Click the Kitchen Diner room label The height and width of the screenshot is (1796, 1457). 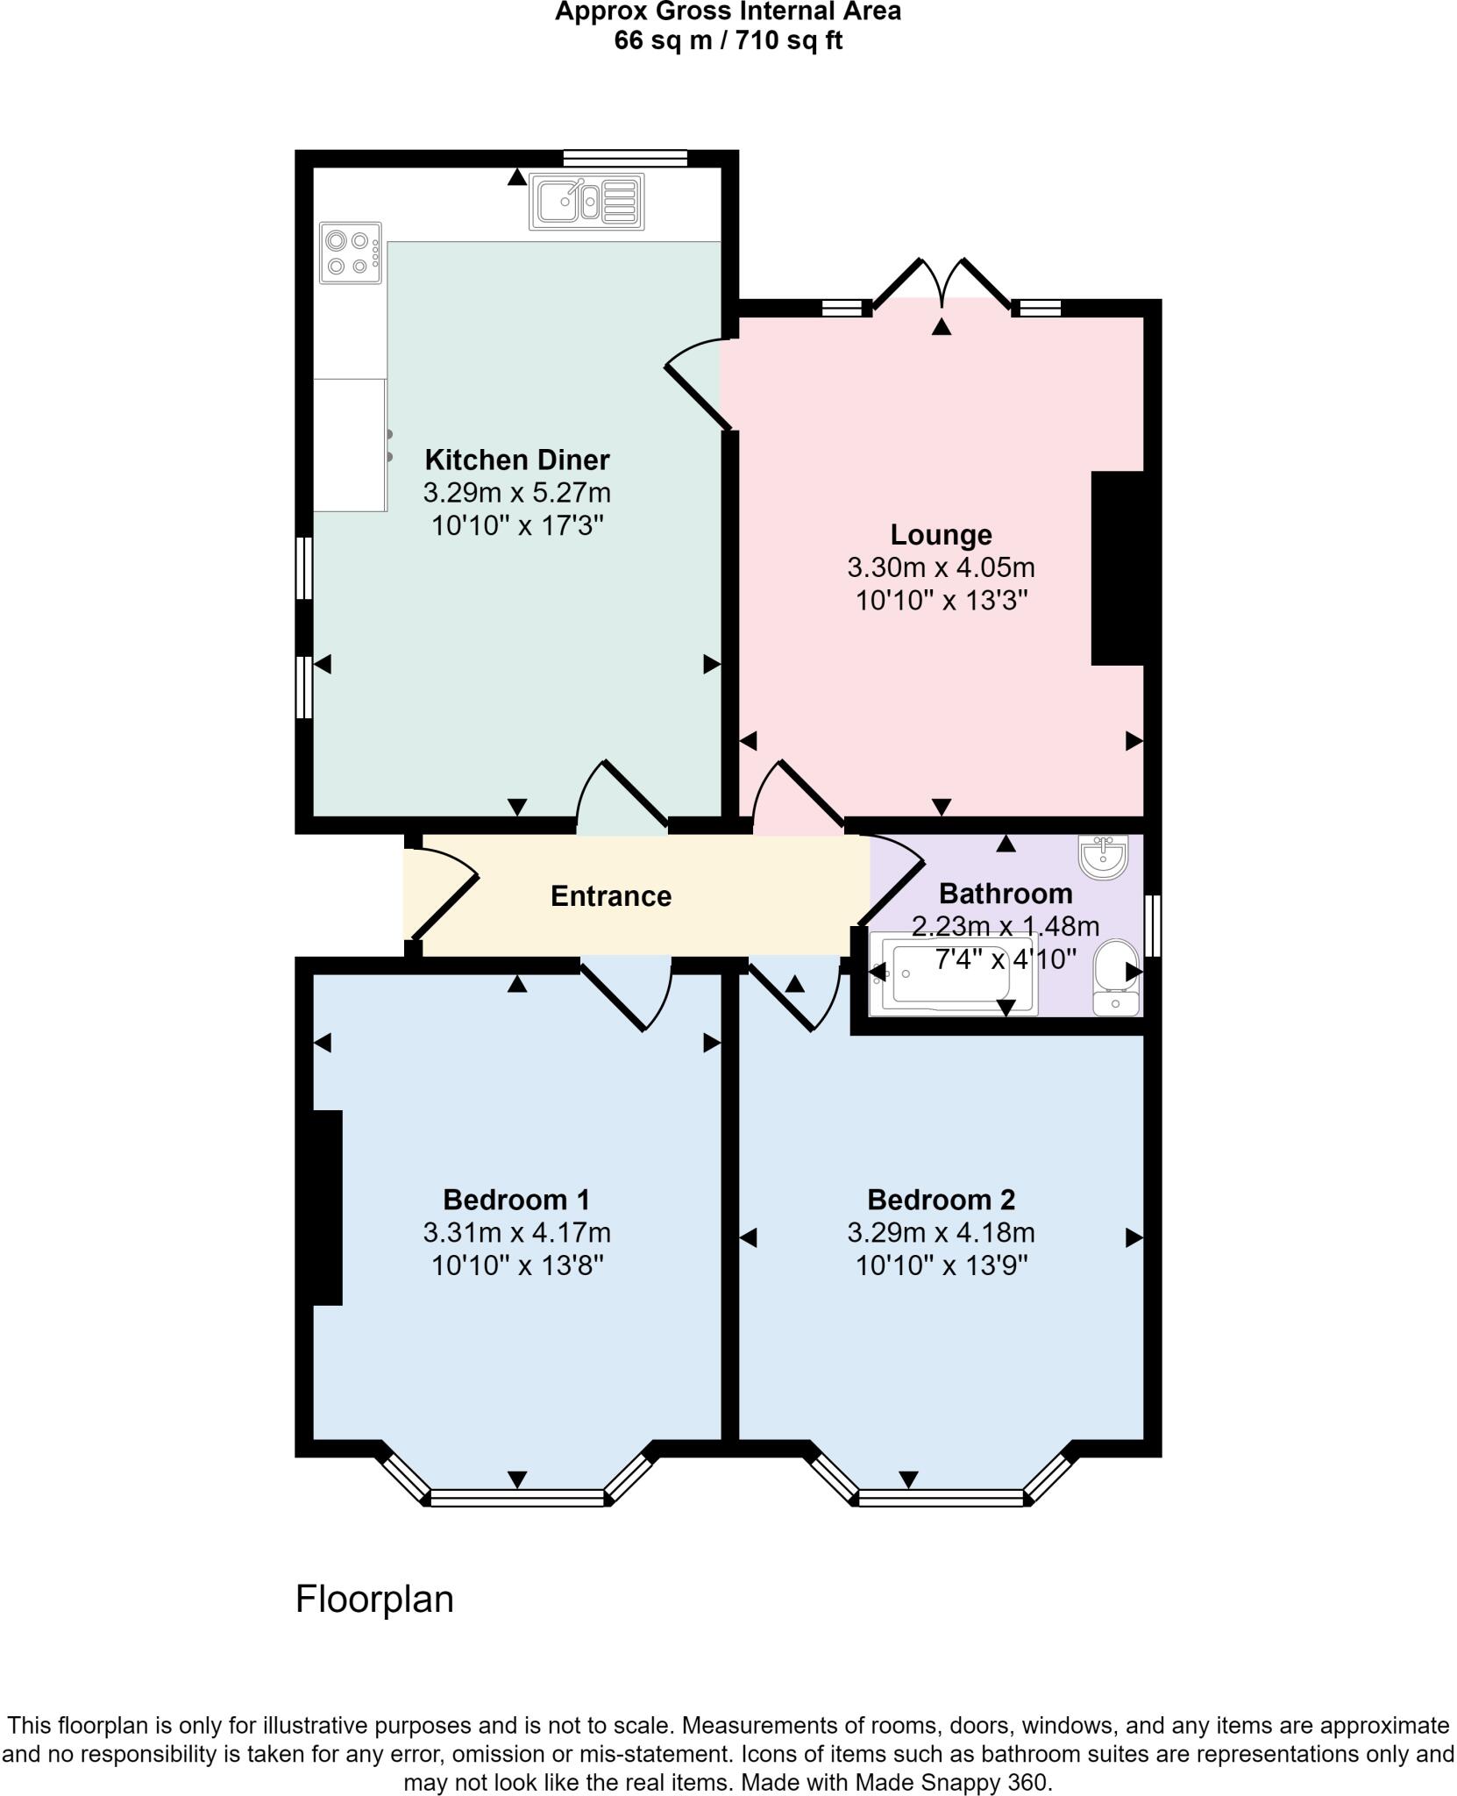(x=516, y=460)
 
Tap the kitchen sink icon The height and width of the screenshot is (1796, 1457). (x=586, y=202)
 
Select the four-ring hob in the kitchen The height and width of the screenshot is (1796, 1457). (x=350, y=253)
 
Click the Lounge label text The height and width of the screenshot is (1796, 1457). (x=941, y=534)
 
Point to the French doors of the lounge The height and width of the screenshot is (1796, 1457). (x=942, y=282)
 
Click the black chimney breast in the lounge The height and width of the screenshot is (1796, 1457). (x=1118, y=567)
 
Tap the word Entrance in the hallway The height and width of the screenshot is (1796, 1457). (x=610, y=895)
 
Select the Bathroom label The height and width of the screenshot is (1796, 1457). (x=1006, y=893)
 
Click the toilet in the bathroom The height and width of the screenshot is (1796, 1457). (x=1116, y=975)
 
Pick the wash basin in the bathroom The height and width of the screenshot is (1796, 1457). (x=1103, y=856)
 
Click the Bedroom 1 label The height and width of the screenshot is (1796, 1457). (x=516, y=1199)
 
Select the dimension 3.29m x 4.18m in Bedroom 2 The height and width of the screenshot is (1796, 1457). (x=941, y=1232)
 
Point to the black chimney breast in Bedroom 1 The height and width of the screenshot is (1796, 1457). (x=327, y=1208)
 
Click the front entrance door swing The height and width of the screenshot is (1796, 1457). (x=445, y=893)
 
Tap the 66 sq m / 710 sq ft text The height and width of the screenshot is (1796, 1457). (x=728, y=40)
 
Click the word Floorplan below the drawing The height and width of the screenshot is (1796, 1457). (x=374, y=1599)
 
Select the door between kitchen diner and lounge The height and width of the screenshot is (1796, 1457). (x=698, y=384)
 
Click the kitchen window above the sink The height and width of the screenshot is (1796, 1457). (x=624, y=159)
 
